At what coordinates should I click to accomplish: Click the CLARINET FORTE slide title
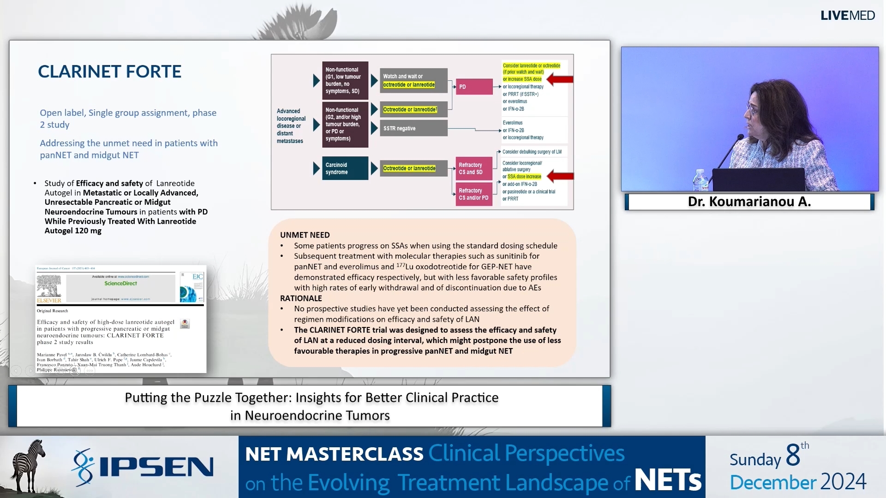click(x=109, y=71)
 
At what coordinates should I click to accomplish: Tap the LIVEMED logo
click(x=847, y=15)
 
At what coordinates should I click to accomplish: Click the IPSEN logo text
click(x=156, y=467)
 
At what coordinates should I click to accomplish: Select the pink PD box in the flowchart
click(x=474, y=87)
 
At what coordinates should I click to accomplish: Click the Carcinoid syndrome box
click(x=345, y=168)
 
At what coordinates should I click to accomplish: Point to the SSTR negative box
click(x=413, y=128)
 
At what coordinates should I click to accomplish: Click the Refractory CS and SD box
click(x=474, y=168)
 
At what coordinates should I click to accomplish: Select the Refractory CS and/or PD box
click(x=474, y=194)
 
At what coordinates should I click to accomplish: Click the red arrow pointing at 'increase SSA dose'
click(x=560, y=79)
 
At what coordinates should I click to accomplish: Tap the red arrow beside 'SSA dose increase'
click(x=560, y=176)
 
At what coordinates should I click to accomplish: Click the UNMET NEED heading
click(x=305, y=235)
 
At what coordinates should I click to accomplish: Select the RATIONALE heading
click(x=301, y=298)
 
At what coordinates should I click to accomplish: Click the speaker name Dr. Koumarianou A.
click(x=749, y=202)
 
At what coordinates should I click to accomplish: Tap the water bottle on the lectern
click(x=700, y=180)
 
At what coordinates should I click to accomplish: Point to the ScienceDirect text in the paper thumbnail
click(x=120, y=283)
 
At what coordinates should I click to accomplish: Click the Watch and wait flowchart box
click(x=413, y=81)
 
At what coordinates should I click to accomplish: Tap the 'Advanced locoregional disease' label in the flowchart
click(x=291, y=126)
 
